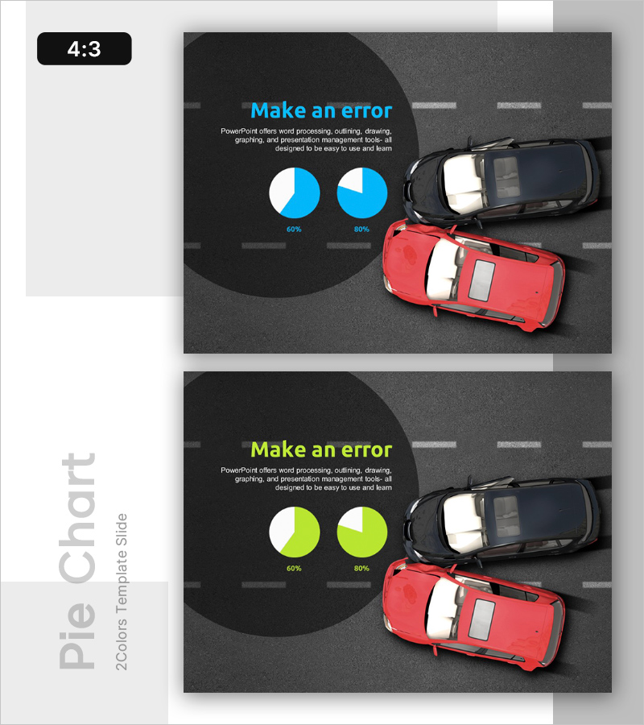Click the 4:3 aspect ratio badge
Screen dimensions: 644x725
point(84,48)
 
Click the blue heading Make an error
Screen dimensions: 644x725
point(321,111)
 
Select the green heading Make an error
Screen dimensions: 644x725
point(321,449)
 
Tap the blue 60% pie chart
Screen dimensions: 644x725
point(295,193)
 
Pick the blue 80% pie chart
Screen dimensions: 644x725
point(362,193)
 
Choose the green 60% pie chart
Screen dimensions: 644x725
point(295,532)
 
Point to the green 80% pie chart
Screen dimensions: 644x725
point(362,532)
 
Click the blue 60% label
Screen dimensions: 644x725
point(294,230)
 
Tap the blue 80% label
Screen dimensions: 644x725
point(361,230)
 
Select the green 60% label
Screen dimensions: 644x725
point(294,568)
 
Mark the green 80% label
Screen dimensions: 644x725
point(361,568)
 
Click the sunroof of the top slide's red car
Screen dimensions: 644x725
point(481,280)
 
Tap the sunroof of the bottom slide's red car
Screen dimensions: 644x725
point(481,619)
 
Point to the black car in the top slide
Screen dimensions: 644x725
point(502,180)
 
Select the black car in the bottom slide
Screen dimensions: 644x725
point(502,520)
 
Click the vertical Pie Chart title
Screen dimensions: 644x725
point(77,561)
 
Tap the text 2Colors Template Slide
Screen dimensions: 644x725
point(121,592)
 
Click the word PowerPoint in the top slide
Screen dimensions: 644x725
point(239,131)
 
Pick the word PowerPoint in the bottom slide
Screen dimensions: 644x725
point(239,470)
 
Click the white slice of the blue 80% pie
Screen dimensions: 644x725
point(352,180)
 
